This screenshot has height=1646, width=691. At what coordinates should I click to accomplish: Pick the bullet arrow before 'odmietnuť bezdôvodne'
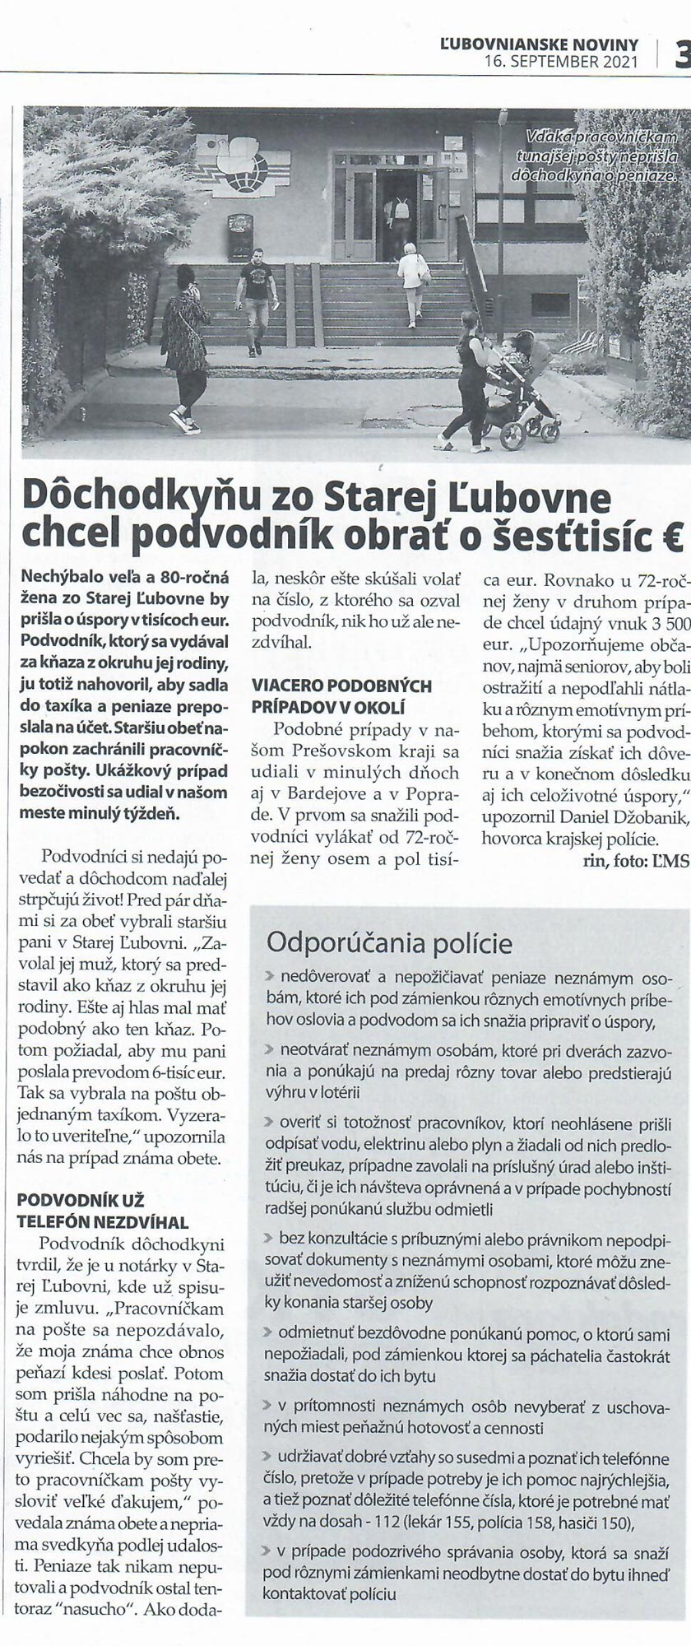coord(269,1331)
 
